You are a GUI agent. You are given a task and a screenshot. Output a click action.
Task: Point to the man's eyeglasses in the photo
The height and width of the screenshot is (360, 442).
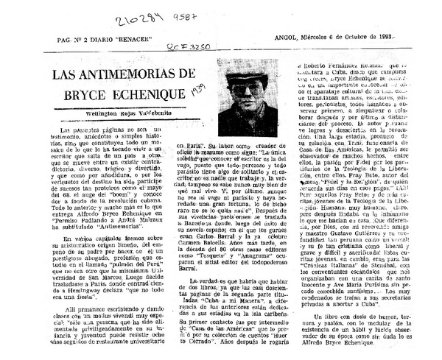click(x=242, y=85)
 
